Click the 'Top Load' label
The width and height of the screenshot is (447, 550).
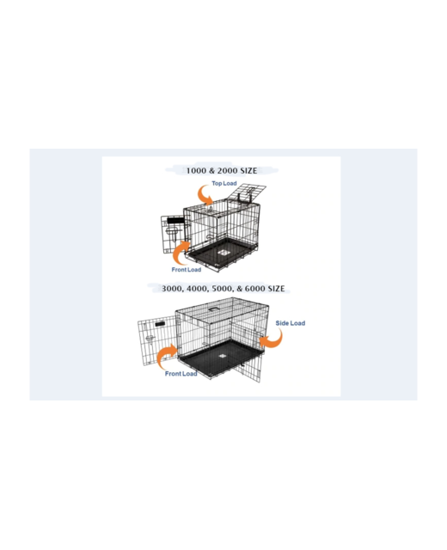[223, 183]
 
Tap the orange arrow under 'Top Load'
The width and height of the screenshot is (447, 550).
[205, 196]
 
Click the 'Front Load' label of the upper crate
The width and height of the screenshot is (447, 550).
[186, 270]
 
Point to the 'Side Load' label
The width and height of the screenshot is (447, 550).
[290, 323]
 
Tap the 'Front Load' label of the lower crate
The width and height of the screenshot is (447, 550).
[181, 374]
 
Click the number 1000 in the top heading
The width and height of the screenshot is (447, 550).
[197, 170]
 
